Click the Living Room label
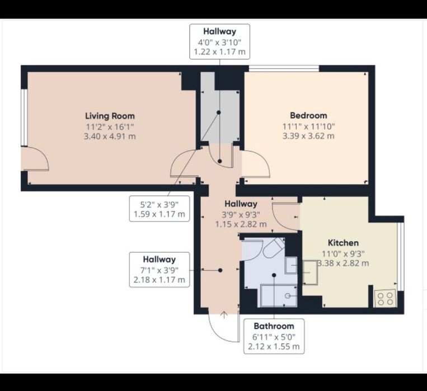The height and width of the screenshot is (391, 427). pyautogui.click(x=110, y=116)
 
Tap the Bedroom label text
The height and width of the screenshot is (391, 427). pyautogui.click(x=308, y=115)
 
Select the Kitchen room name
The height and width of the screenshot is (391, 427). pyautogui.click(x=343, y=243)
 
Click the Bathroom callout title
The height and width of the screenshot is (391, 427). pyautogui.click(x=274, y=326)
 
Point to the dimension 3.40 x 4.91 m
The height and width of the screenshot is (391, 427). pyautogui.click(x=110, y=136)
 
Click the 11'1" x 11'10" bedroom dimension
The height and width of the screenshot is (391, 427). pyautogui.click(x=308, y=126)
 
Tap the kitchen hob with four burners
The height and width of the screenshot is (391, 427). pyautogui.click(x=386, y=298)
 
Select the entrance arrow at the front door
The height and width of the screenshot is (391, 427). pyautogui.click(x=224, y=315)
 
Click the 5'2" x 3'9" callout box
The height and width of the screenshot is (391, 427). pyautogui.click(x=159, y=209)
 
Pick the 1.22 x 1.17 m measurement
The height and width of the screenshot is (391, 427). pyautogui.click(x=220, y=51)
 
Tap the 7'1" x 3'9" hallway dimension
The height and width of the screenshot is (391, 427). pyautogui.click(x=159, y=270)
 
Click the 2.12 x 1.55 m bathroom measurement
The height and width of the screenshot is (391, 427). pyautogui.click(x=274, y=347)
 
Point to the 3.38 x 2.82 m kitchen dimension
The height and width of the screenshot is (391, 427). pyautogui.click(x=343, y=263)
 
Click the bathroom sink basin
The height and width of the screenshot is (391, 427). pyautogui.click(x=292, y=265)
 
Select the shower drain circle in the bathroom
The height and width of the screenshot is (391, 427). pyautogui.click(x=287, y=296)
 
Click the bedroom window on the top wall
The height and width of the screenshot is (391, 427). pyautogui.click(x=284, y=68)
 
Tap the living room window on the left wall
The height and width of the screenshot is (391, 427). pyautogui.click(x=24, y=117)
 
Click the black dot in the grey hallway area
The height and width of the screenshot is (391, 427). pyautogui.click(x=219, y=112)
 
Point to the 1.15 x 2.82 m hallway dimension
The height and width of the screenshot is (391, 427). pyautogui.click(x=241, y=224)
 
